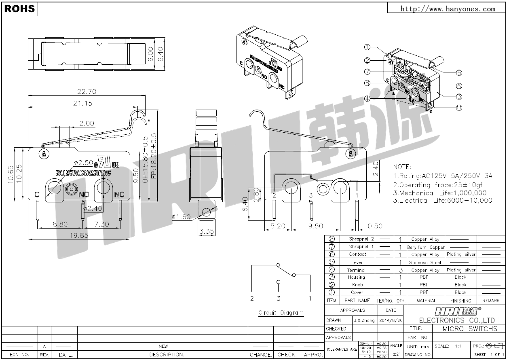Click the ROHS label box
19,9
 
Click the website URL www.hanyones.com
448,8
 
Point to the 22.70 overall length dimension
87,91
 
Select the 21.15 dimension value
82,103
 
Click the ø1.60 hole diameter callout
181,217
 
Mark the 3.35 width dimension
206,232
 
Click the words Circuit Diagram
281,313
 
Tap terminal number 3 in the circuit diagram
279,299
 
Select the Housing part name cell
356,277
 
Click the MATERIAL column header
426,301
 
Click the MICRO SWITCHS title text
469,328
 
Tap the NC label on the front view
119,195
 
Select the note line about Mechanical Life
440,193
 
